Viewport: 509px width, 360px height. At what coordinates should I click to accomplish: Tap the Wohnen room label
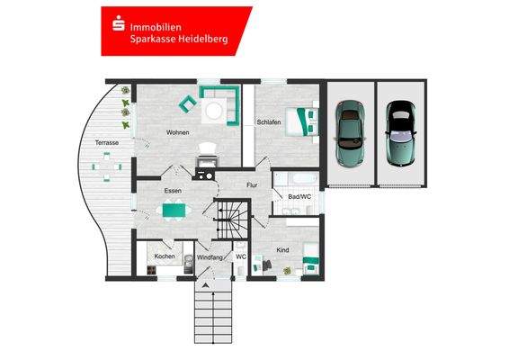click(178, 133)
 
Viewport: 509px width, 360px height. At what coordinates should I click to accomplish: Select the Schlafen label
click(269, 121)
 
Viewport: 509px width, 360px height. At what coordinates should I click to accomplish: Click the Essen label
click(174, 192)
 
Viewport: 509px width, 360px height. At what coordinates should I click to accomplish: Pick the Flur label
click(253, 185)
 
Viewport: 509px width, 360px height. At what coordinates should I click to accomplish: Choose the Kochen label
click(164, 256)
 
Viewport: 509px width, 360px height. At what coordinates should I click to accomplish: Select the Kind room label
click(282, 249)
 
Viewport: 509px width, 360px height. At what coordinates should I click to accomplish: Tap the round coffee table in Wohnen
click(215, 110)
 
